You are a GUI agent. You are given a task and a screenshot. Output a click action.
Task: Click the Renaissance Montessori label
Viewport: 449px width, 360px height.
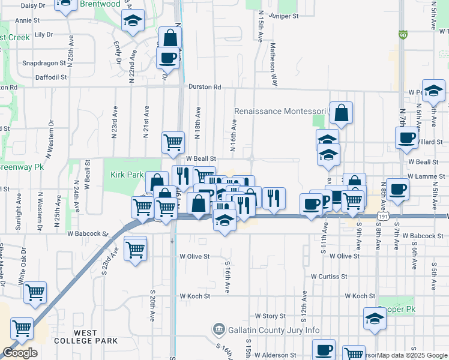pos(280,112)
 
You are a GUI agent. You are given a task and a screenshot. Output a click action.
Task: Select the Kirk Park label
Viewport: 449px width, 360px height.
pos(127,175)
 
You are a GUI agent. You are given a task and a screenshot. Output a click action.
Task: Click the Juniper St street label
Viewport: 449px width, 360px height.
pos(284,16)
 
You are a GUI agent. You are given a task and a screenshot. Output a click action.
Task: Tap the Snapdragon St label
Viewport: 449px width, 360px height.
pos(43,62)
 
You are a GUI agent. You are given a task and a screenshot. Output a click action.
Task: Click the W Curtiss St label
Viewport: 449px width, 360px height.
pos(329,277)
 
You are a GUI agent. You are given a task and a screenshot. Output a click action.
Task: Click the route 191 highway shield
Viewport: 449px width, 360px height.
pos(382,215)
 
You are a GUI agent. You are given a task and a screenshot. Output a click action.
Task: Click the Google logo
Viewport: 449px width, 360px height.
pos(20,353)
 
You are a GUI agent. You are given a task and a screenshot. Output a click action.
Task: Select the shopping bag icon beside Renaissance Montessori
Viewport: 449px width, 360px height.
pos(341,113)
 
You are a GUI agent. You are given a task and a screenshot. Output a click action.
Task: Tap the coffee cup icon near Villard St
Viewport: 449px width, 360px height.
pos(406,138)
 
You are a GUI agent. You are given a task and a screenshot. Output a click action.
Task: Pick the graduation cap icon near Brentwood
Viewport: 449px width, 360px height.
pos(132,22)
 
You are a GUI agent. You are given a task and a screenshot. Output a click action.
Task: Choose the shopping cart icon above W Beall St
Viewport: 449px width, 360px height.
pos(173,142)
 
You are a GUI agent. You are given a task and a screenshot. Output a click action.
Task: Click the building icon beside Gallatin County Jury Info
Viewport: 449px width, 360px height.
pos(218,329)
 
